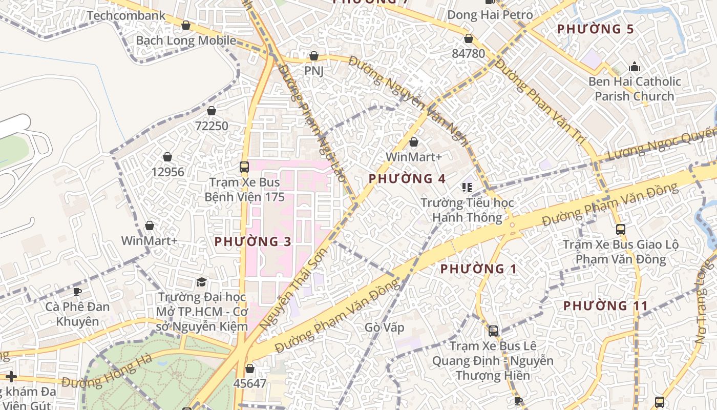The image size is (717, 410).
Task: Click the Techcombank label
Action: [126, 15]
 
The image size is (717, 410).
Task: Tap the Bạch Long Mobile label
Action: [186, 40]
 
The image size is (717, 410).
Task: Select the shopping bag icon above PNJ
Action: [314, 56]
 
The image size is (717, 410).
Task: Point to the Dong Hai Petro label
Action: [490, 15]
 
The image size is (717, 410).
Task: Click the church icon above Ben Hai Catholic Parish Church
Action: [635, 67]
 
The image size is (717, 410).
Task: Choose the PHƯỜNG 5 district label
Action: [596, 29]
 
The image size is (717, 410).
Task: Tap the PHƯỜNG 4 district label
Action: [407, 179]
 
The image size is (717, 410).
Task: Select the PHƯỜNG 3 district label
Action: [253, 241]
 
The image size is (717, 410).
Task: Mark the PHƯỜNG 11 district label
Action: [606, 306]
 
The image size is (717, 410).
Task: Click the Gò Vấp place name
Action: [385, 327]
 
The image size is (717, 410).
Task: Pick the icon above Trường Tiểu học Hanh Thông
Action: [467, 188]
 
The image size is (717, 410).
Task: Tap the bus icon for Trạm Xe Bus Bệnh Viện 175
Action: [244, 167]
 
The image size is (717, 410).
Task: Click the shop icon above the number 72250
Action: [212, 111]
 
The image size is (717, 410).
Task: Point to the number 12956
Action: [167, 172]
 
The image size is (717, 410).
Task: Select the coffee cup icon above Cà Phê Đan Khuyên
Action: [77, 292]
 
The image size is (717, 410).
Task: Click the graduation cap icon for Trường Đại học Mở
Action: [202, 282]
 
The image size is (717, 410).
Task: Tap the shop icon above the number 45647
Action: [250, 368]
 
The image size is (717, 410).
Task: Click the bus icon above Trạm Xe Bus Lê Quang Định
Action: [493, 331]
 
